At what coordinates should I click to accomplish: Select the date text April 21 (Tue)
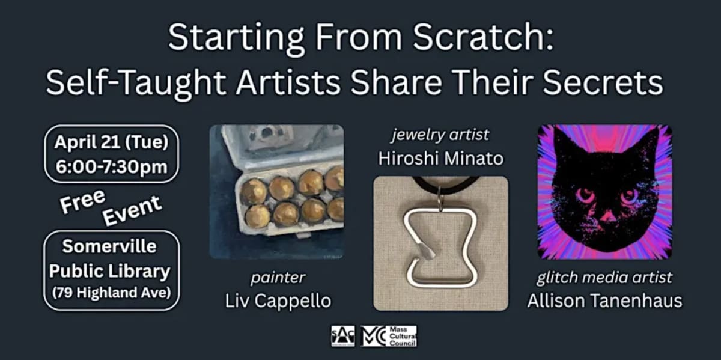111,143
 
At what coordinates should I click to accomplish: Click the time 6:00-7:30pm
111,166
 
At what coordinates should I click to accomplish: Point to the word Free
82,202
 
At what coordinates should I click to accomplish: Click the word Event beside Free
132,210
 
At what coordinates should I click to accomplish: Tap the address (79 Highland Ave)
111,294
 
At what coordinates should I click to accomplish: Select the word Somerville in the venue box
111,247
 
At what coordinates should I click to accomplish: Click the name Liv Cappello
278,300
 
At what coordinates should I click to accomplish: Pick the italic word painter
278,278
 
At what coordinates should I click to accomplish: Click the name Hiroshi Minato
440,159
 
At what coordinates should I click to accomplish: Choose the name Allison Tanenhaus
604,300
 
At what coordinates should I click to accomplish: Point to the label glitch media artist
604,278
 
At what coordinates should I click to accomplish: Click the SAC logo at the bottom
342,336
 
